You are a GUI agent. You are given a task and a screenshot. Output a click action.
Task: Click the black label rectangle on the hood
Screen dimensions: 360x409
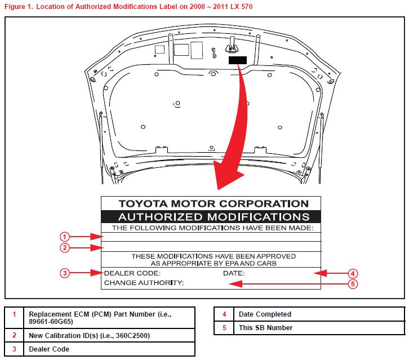tap(238, 60)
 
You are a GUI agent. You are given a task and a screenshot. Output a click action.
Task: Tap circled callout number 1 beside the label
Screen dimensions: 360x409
tap(65, 237)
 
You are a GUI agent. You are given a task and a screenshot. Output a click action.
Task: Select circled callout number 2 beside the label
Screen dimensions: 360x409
tap(65, 247)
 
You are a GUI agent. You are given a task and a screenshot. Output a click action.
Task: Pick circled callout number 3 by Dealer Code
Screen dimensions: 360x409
tap(65, 273)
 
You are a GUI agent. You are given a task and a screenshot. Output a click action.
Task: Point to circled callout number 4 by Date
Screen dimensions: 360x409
tap(353, 273)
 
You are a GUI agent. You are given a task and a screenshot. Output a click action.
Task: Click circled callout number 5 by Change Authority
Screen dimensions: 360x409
tap(353, 284)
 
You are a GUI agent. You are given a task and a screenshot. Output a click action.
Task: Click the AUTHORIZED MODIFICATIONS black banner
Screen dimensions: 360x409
tap(211, 216)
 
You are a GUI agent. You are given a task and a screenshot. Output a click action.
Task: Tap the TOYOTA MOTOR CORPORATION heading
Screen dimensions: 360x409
tap(211, 204)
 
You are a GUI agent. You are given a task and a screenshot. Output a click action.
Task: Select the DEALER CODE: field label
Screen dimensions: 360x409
tap(132, 273)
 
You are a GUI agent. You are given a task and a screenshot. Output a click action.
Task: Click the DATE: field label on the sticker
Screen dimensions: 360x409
tap(233, 273)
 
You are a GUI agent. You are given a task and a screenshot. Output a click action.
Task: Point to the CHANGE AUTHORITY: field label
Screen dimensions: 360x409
tap(144, 283)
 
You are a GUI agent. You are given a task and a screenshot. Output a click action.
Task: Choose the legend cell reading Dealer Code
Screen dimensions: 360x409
tap(49, 349)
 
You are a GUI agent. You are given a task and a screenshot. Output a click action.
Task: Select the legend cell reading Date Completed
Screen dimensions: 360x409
tap(265, 314)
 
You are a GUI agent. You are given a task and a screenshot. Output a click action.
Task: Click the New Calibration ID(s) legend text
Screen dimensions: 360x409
tap(89, 335)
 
